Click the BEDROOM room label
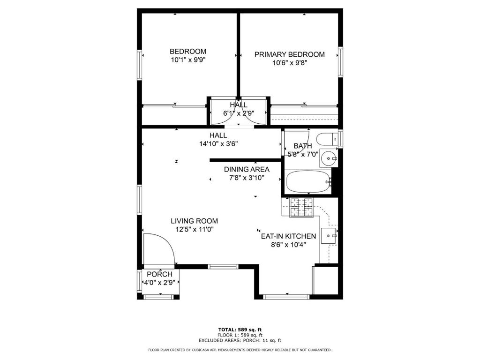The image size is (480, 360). pos(187,52)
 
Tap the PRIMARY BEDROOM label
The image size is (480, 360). pos(289,54)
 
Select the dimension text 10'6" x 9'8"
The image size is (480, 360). pos(289,63)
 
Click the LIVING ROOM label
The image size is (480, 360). pos(194,221)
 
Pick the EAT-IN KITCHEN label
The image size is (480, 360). pos(288,236)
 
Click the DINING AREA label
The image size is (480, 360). pos(247,169)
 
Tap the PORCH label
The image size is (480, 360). pos(159,274)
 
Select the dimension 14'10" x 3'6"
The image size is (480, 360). pos(218,144)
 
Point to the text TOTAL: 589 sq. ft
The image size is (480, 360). pos(240,330)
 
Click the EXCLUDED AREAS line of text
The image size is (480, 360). pos(240,340)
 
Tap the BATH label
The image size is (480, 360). pos(302,146)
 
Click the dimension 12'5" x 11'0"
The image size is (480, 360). pos(194,229)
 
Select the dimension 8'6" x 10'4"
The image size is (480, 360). pos(288,244)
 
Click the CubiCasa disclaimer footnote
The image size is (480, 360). pos(240,350)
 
